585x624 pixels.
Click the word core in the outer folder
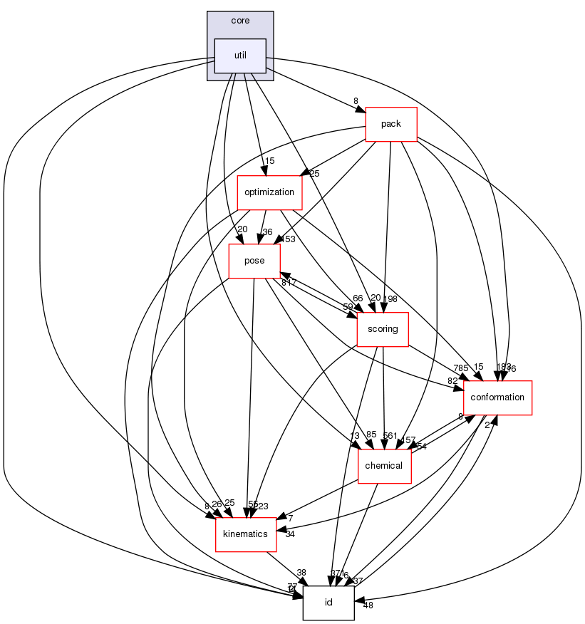(240, 21)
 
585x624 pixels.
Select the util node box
(240, 56)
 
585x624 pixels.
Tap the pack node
(390, 123)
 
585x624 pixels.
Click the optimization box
(269, 192)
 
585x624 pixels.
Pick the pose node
(254, 261)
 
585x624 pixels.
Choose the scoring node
(382, 330)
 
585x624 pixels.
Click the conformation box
(497, 397)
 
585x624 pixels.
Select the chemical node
(384, 466)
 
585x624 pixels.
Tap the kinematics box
(246, 534)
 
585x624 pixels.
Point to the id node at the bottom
(328, 603)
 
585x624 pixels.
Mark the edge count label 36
(268, 232)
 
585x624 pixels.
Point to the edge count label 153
(289, 239)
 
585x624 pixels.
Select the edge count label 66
(358, 298)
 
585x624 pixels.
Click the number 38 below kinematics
(301, 573)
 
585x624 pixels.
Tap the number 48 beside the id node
(368, 605)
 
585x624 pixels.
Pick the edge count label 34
(290, 534)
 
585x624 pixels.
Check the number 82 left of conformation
(452, 381)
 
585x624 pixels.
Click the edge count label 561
(390, 436)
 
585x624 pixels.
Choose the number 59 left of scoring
(348, 307)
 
